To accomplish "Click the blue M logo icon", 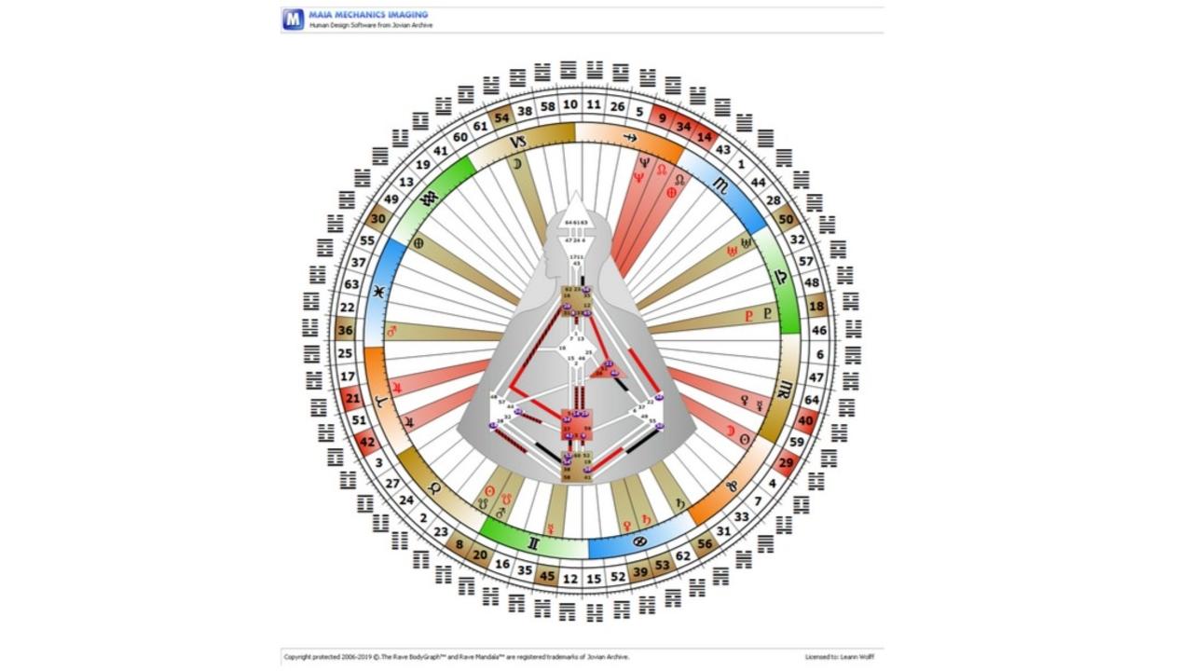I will [x=294, y=19].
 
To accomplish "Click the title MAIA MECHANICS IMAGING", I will [x=368, y=15].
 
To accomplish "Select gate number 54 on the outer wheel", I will [x=502, y=117].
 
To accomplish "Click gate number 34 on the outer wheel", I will [x=683, y=127].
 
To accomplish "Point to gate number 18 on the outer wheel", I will [x=817, y=306].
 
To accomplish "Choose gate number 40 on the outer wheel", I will [x=806, y=420].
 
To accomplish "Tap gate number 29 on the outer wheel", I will [x=787, y=462].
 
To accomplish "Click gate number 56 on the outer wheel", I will [x=705, y=544].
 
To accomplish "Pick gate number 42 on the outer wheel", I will [x=367, y=443].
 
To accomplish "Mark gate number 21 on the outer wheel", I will [x=352, y=398].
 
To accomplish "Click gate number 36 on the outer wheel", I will [x=345, y=330].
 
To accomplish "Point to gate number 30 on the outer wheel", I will [x=377, y=219].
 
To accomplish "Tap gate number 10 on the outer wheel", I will [x=570, y=105].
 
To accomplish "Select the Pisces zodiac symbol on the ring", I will [x=378, y=292].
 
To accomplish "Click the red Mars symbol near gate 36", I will [x=391, y=331].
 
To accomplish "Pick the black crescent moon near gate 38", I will [x=516, y=164].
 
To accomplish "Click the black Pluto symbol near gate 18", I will [x=768, y=314].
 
